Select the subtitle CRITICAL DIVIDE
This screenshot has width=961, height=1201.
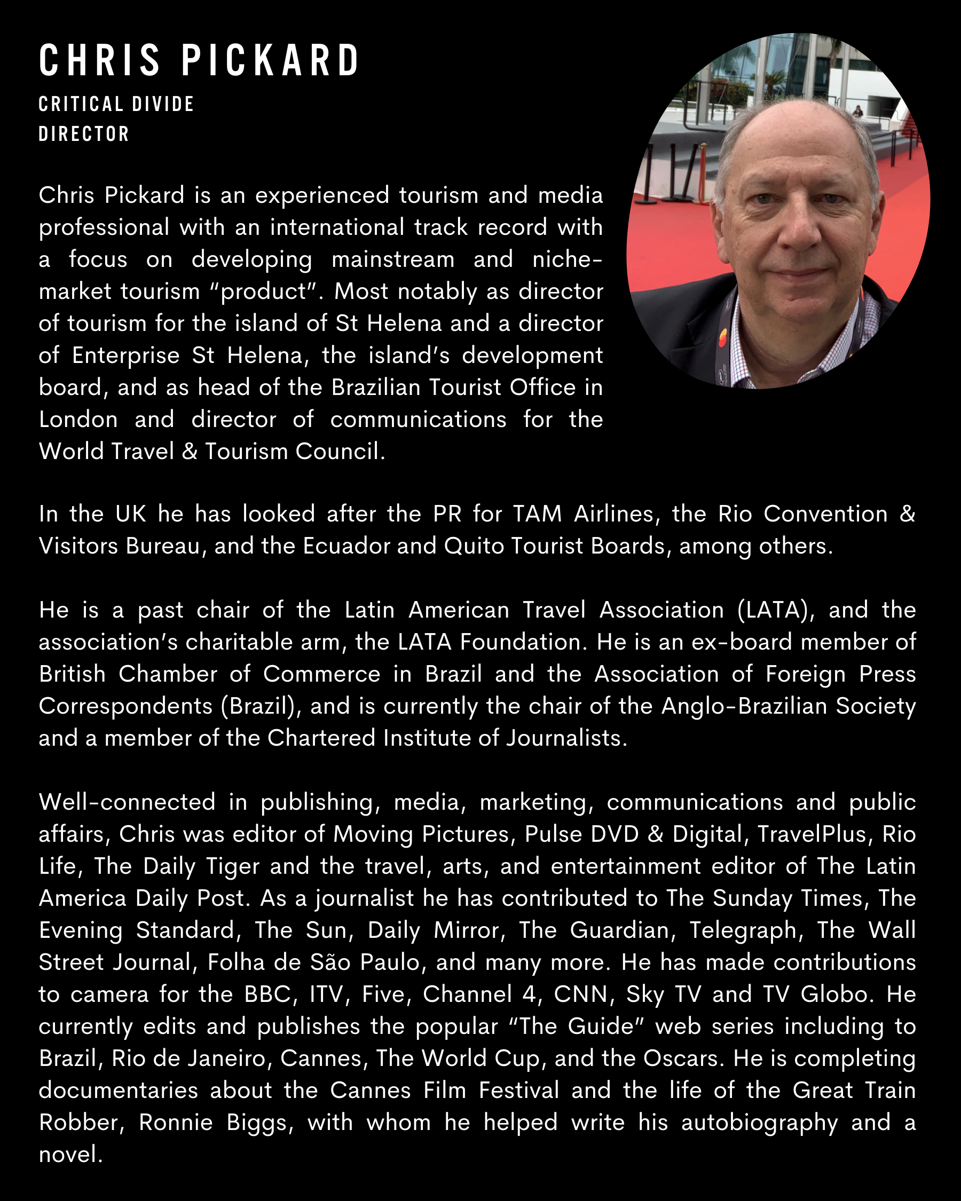tap(116, 104)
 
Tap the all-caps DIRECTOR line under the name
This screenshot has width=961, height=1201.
tap(84, 135)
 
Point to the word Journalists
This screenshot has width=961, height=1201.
tap(566, 738)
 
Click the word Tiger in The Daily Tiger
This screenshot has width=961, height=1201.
tap(232, 866)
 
